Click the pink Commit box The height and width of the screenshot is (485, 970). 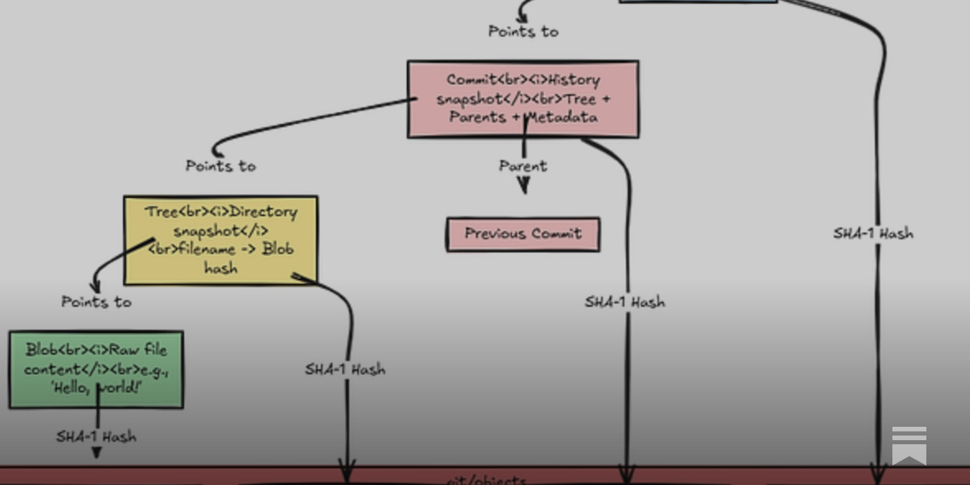click(523, 99)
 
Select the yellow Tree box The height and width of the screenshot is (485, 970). click(221, 240)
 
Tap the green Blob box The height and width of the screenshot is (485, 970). click(96, 369)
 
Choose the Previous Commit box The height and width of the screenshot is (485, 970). click(523, 234)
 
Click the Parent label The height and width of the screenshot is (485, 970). click(523, 166)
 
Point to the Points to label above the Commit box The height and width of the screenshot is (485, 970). click(523, 32)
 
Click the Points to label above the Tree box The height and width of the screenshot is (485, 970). click(221, 166)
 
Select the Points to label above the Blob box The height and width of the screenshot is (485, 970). click(96, 302)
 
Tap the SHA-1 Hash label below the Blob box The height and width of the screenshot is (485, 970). click(96, 436)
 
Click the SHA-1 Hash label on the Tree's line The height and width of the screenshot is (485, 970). click(345, 369)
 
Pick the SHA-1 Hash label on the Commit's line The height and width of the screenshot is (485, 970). click(624, 302)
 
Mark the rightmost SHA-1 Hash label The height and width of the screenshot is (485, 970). click(873, 233)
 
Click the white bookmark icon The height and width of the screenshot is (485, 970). click(909, 445)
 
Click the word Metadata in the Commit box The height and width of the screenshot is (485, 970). click(562, 117)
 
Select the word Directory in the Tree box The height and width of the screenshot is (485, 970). click(264, 212)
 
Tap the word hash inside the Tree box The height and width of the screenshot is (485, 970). click(221, 268)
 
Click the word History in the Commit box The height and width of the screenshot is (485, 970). click(574, 80)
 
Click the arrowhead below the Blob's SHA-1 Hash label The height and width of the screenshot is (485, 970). click(96, 452)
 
